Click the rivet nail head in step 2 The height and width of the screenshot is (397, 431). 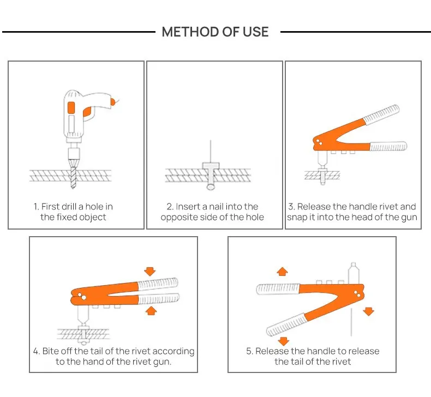click(210, 165)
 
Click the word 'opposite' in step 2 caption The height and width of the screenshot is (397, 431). click(179, 217)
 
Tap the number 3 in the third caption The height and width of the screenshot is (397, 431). click(291, 207)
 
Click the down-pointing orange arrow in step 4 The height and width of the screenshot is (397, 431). click(150, 270)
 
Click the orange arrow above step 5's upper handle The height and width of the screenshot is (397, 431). click(282, 271)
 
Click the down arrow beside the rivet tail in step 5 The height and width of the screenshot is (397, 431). click(369, 311)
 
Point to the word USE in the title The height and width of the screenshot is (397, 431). click(254, 32)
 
